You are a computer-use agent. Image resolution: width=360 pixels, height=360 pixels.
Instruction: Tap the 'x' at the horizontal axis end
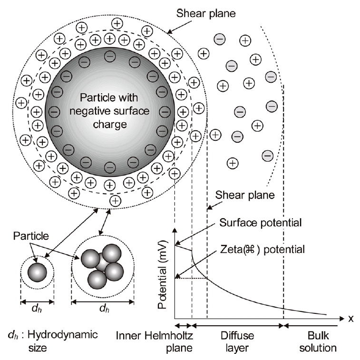point(351,318)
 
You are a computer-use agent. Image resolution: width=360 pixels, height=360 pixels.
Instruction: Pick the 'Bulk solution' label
point(314,342)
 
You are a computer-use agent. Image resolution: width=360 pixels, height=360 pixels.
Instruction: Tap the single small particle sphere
point(37,273)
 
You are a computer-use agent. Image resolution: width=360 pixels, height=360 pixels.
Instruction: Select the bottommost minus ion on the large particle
point(109,167)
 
